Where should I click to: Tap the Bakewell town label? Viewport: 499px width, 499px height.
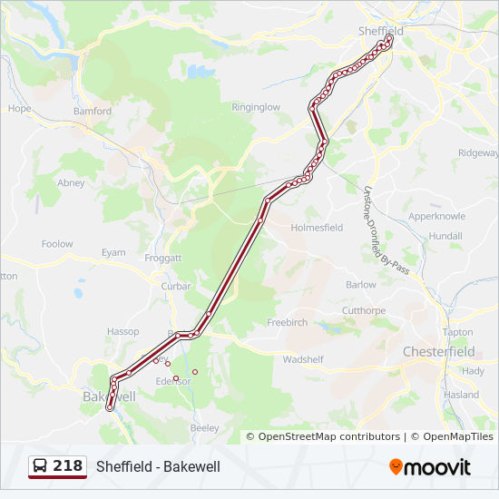[x=108, y=397]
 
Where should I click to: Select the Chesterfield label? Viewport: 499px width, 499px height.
[x=438, y=351]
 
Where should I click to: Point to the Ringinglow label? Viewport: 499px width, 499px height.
[x=256, y=107]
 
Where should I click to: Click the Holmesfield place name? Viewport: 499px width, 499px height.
[x=317, y=229]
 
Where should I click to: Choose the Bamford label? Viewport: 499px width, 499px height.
[x=93, y=112]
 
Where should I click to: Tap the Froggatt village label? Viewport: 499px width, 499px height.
[x=163, y=258]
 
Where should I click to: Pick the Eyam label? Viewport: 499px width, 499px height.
[x=113, y=252]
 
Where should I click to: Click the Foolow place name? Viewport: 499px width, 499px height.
[x=57, y=244]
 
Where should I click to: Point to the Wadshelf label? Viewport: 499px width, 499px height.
[x=303, y=359]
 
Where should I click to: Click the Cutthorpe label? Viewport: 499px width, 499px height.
[x=364, y=310]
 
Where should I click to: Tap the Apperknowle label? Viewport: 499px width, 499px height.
[x=437, y=217]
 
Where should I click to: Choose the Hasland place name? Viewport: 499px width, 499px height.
[x=461, y=395]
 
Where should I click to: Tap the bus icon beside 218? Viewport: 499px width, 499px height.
[x=41, y=466]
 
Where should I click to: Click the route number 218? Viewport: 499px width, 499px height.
[x=67, y=466]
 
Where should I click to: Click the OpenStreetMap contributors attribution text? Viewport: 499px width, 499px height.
[x=328, y=436]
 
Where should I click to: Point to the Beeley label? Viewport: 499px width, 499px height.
[x=205, y=427]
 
